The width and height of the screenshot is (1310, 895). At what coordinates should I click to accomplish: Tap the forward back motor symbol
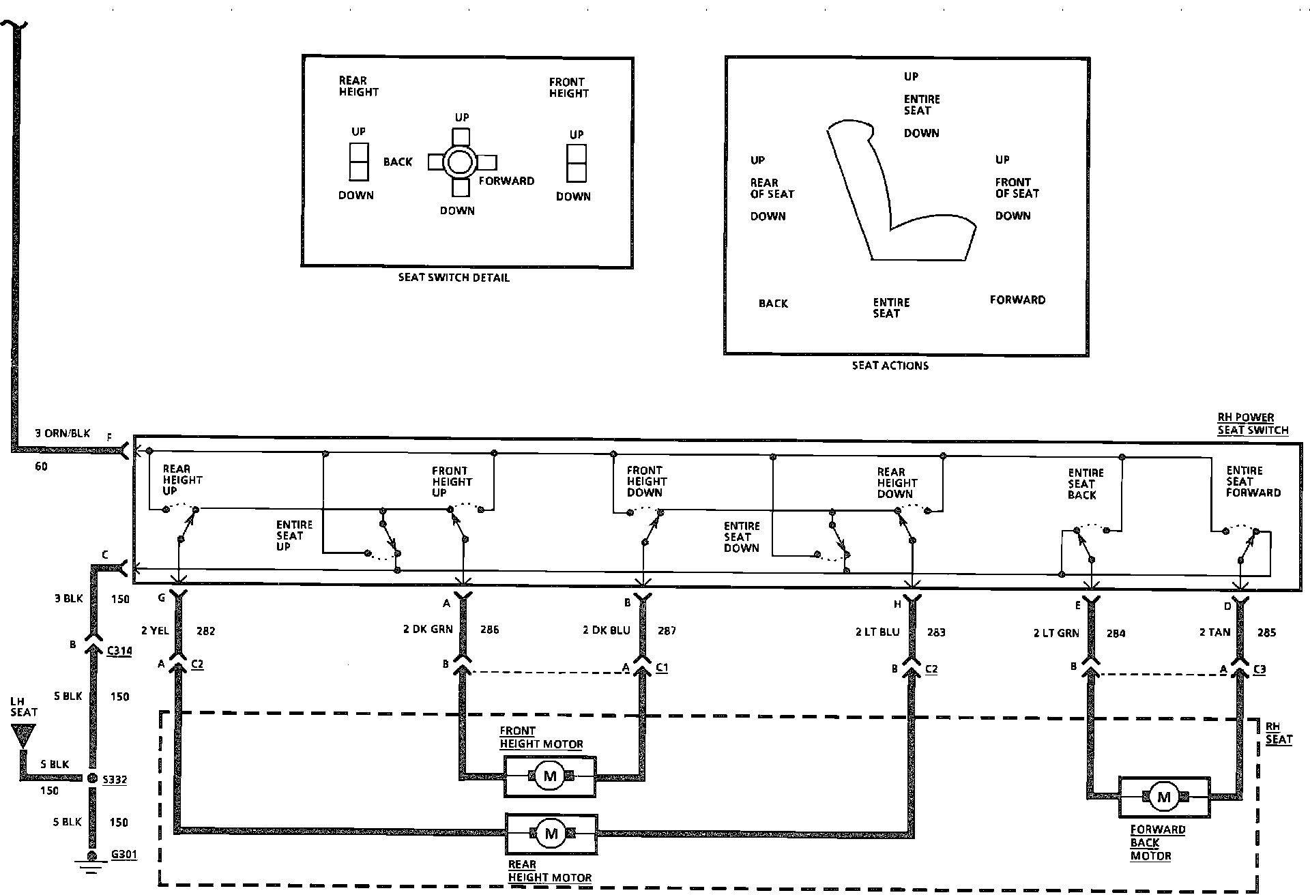[x=1164, y=797]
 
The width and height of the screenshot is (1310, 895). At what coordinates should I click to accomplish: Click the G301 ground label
[x=123, y=854]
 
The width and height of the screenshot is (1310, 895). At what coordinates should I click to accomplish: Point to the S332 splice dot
[x=92, y=778]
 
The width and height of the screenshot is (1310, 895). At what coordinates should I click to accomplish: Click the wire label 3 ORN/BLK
[x=63, y=434]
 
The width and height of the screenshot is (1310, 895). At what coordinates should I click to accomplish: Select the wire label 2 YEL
[x=155, y=630]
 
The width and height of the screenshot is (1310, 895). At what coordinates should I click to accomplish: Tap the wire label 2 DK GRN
[x=428, y=629]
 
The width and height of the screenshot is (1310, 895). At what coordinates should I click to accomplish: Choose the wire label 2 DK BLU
[x=607, y=630]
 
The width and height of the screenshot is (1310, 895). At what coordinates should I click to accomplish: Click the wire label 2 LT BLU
[x=877, y=632]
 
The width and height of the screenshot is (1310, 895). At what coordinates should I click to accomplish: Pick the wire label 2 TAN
[x=1214, y=632]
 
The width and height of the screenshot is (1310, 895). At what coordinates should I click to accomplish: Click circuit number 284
[x=1116, y=633]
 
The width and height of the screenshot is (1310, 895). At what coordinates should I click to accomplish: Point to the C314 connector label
[x=119, y=650]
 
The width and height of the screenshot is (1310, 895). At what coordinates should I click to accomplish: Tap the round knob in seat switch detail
[x=459, y=162]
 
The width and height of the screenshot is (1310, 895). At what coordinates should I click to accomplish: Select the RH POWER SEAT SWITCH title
[x=1253, y=424]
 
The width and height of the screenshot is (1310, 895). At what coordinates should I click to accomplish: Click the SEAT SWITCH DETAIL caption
[x=454, y=278]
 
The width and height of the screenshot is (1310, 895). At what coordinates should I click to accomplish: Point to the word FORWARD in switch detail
[x=506, y=181]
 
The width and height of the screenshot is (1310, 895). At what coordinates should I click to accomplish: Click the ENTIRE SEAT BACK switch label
[x=1085, y=484]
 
